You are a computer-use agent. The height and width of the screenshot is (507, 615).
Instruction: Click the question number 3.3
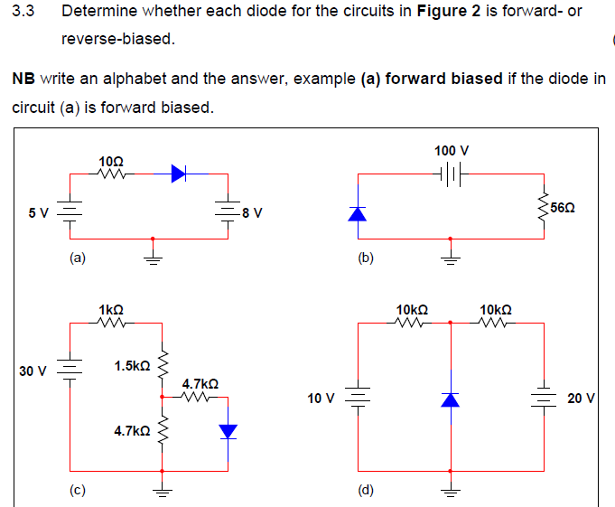point(23,13)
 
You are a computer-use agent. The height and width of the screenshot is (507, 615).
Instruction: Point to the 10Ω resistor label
point(112,160)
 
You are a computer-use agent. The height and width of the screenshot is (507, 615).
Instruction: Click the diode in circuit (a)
point(179,174)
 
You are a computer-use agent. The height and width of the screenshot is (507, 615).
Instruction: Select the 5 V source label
point(38,213)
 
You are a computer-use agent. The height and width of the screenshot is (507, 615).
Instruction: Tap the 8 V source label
point(253,213)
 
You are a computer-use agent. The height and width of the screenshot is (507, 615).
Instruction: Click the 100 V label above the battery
point(451,150)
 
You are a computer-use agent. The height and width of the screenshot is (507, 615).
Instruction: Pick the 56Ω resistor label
point(563,208)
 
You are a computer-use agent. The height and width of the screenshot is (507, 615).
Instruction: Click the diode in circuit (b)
point(359,214)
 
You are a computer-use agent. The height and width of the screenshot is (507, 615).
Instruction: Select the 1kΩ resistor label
point(112,309)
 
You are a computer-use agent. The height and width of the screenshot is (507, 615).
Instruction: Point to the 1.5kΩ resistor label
point(132,366)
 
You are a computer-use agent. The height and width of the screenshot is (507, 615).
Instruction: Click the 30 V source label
point(33,371)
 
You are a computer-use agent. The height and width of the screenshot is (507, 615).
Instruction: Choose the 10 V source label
point(321,398)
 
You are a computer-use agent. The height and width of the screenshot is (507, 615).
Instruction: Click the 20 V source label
point(580,398)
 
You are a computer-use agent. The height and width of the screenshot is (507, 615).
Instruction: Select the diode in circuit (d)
point(451,399)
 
